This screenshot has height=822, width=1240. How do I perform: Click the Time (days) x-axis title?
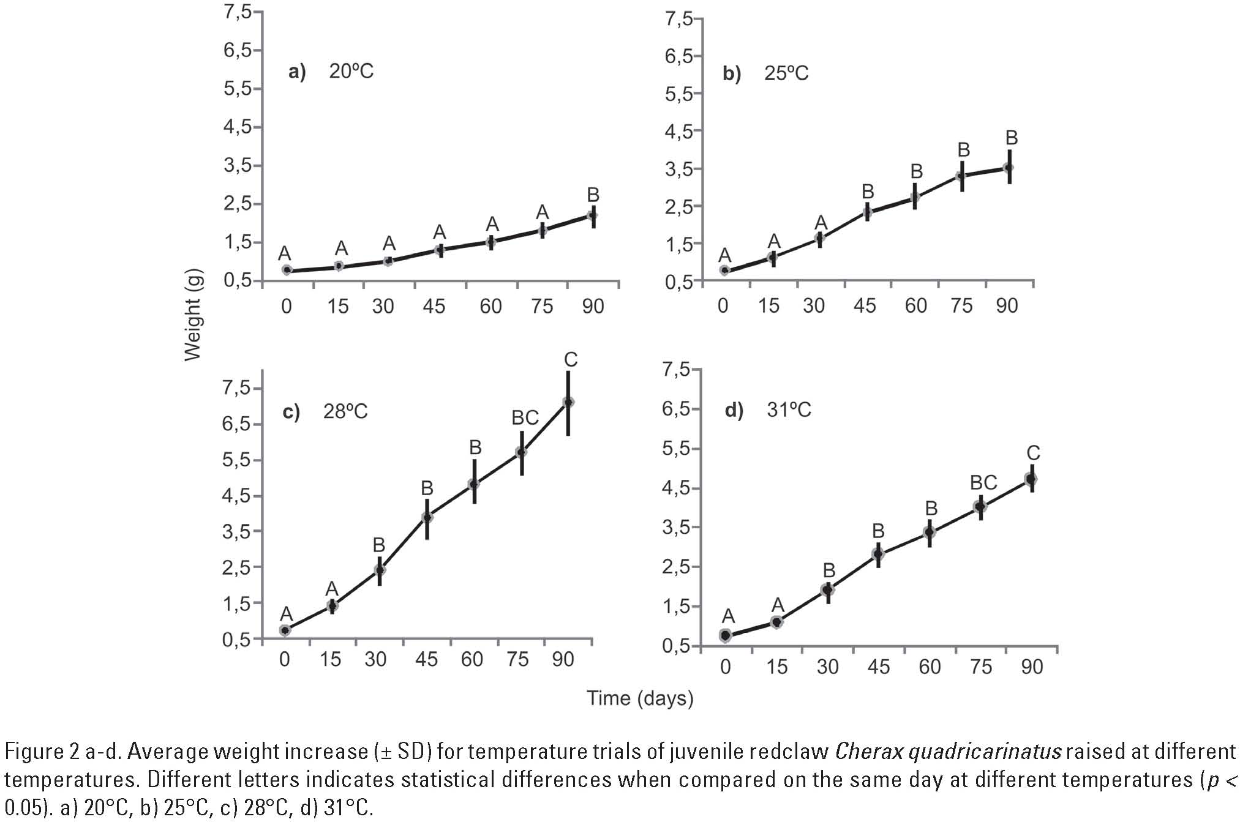click(x=640, y=698)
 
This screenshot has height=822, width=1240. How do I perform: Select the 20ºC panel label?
click(x=351, y=72)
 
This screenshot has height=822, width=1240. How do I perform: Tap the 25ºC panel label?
click(x=786, y=73)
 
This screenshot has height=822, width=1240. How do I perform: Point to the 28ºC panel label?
click(x=345, y=411)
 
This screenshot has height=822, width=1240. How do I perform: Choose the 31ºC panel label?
click(x=789, y=409)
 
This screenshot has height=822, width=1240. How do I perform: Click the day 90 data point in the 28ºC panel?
click(x=568, y=402)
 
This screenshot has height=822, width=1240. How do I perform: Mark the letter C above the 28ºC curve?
click(x=570, y=359)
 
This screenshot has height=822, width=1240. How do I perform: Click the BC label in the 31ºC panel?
click(x=983, y=483)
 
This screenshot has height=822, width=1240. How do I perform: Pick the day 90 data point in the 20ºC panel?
click(x=592, y=215)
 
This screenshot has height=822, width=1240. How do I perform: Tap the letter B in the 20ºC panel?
click(x=593, y=195)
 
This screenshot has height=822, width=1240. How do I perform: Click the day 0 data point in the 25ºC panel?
click(x=724, y=271)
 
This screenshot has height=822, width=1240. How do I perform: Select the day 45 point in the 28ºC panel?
click(x=427, y=517)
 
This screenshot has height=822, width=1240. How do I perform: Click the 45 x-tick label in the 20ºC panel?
click(x=434, y=306)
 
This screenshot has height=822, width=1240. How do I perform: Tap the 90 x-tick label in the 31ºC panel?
click(x=1032, y=667)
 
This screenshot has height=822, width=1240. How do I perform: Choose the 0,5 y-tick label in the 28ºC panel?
click(x=236, y=640)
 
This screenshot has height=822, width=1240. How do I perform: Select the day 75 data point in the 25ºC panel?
click(x=962, y=176)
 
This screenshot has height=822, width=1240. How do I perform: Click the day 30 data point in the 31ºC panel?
click(x=828, y=590)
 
